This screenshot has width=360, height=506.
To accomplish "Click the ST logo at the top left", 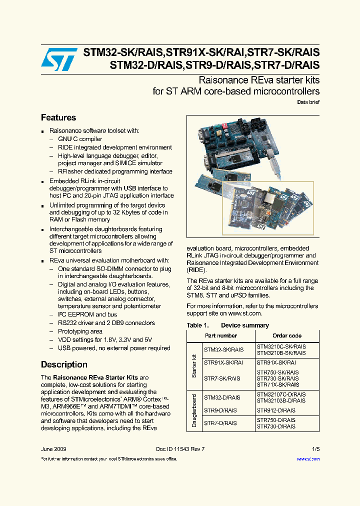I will pos(59,59).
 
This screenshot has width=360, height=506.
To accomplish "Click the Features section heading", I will pos(58,118).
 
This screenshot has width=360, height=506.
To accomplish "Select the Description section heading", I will pos(64,364).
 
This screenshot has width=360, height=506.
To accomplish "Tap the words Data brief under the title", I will pos(308,102).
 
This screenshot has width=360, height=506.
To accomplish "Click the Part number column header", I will pos(221,335).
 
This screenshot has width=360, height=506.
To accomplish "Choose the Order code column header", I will pos(287,335).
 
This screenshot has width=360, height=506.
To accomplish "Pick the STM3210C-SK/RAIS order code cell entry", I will pos(281,346).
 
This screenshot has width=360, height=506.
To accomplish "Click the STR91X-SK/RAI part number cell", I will pos(223,362).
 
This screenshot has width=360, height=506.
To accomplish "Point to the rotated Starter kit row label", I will pos(194,365).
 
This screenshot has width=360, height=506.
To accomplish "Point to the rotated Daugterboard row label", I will pos(194,410).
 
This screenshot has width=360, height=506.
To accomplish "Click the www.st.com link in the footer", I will pos(308,459).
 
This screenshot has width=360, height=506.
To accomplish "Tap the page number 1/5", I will pos(315,449).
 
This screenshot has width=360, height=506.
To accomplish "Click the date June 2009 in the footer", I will pos(53,449).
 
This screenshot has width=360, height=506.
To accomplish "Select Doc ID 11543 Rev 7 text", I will pos(180,449).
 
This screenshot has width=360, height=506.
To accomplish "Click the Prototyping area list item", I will pos(80,331).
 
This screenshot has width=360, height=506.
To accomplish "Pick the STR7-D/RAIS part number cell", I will pos(220,423).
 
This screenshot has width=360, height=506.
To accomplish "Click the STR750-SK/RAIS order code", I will pos(277,372).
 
